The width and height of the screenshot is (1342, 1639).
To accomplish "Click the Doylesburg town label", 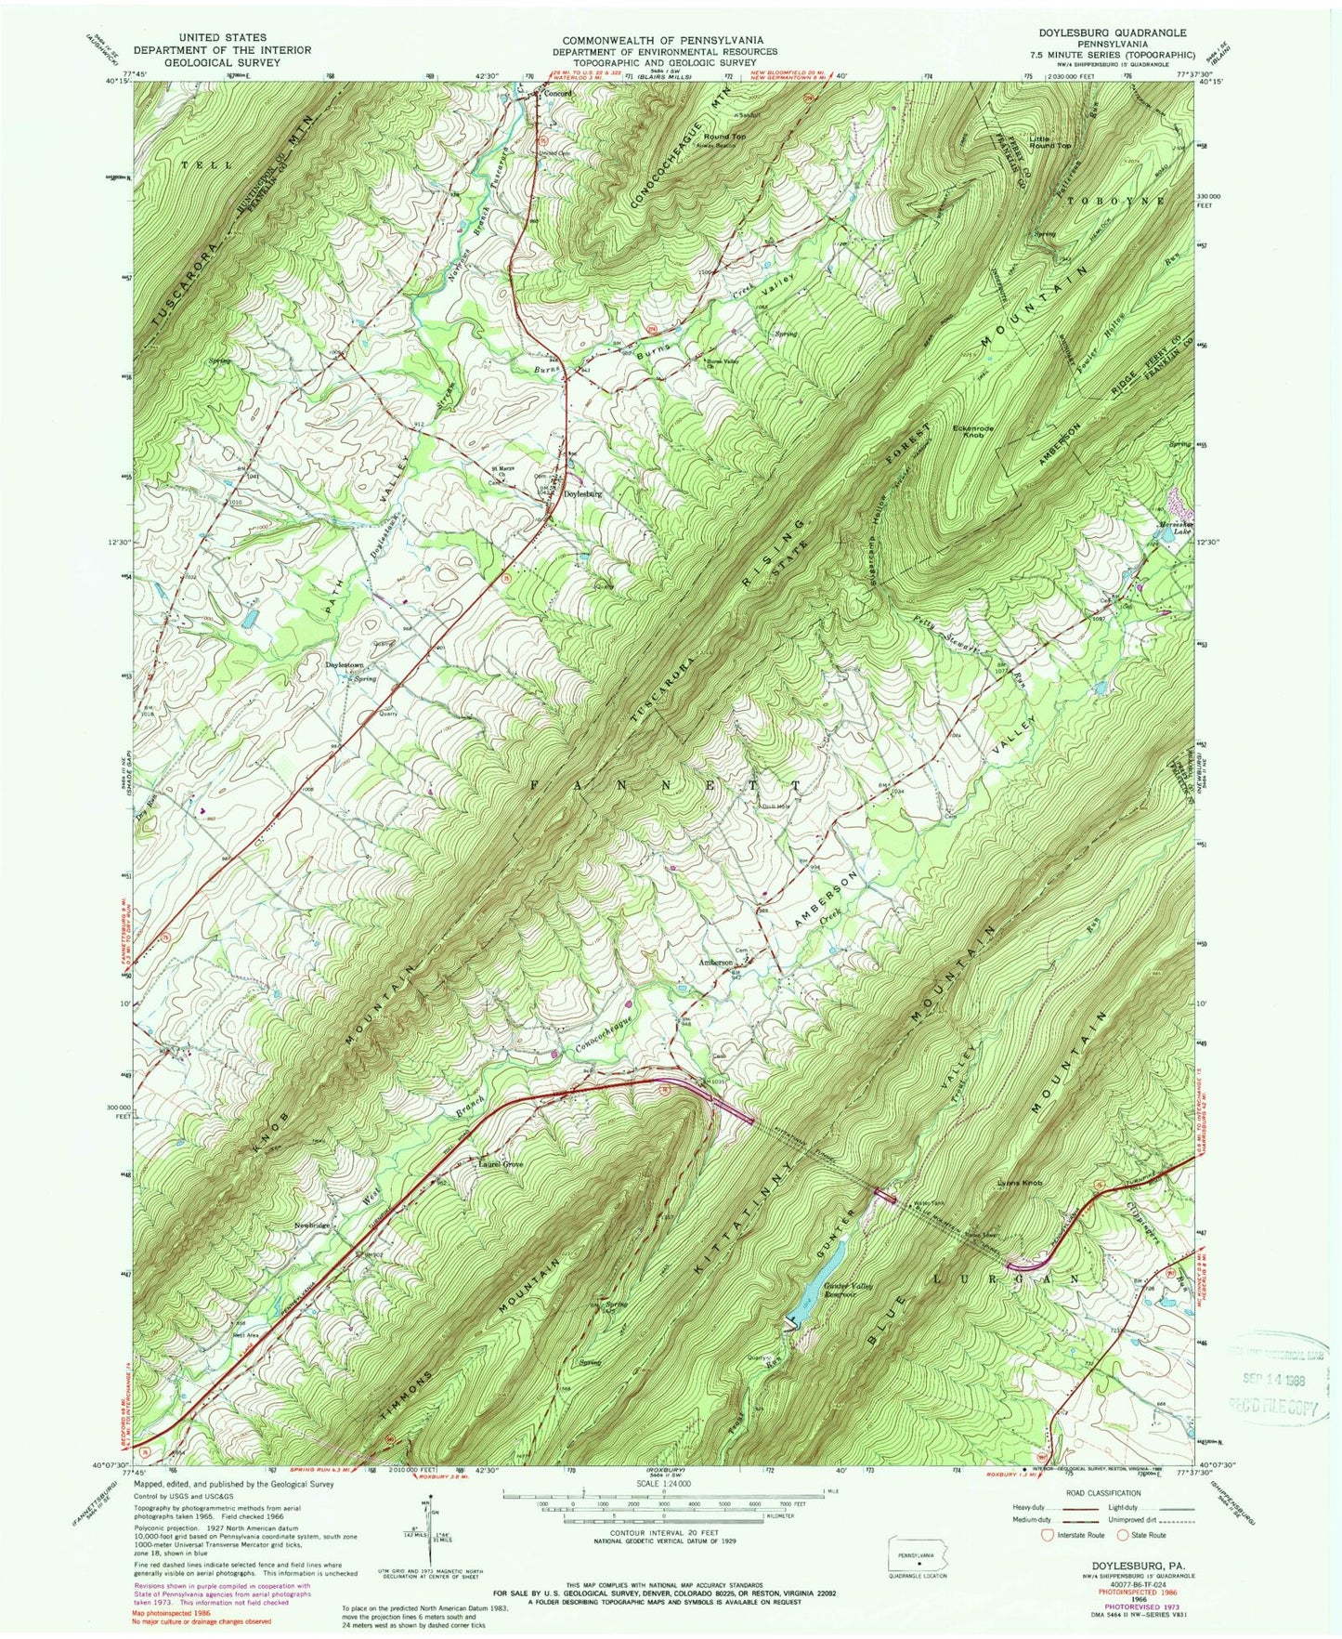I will point(583,494).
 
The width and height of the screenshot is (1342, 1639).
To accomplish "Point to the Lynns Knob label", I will point(1021,1183).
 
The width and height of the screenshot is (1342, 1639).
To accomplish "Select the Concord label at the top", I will point(556,94).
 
